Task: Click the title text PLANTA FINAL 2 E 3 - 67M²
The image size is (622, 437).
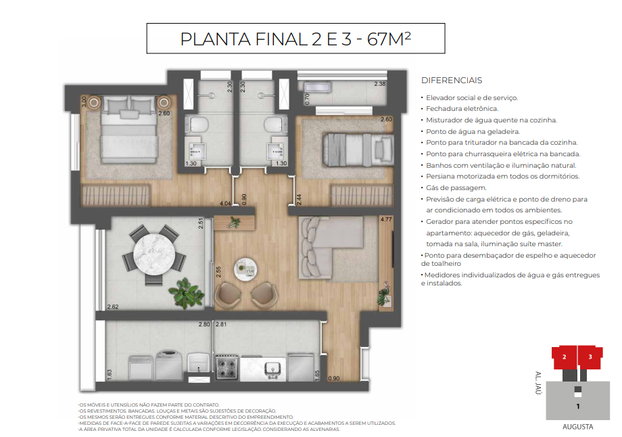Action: point(295,39)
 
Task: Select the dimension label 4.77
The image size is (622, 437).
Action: point(386,220)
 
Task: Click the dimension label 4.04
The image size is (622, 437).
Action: point(226,202)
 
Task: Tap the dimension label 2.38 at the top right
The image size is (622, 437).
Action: point(380,84)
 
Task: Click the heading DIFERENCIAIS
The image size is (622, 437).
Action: point(451,80)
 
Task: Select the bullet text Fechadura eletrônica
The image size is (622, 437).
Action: point(462,108)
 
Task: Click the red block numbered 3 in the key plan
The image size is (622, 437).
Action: point(590,356)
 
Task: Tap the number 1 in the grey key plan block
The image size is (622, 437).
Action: point(577,407)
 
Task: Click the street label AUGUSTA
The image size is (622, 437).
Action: point(577,427)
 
